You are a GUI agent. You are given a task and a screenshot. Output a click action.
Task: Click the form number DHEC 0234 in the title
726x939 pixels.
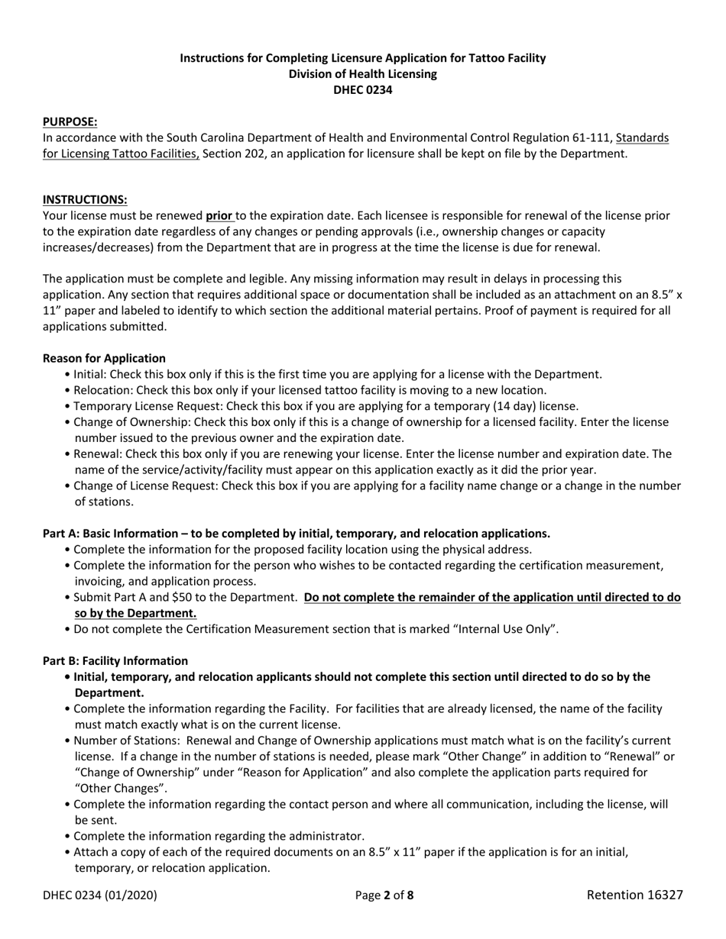point(362,89)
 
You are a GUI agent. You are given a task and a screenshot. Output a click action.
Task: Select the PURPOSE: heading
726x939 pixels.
point(70,121)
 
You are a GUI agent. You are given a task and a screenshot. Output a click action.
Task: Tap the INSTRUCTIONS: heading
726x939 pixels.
point(85,199)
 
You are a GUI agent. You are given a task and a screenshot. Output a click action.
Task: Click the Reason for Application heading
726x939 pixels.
point(104,358)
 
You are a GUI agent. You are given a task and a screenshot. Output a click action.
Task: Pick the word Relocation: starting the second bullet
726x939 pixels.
point(104,390)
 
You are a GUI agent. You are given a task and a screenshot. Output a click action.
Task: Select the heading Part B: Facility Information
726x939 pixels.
point(115,660)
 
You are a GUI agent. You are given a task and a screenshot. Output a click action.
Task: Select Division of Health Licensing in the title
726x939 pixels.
point(362,74)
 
